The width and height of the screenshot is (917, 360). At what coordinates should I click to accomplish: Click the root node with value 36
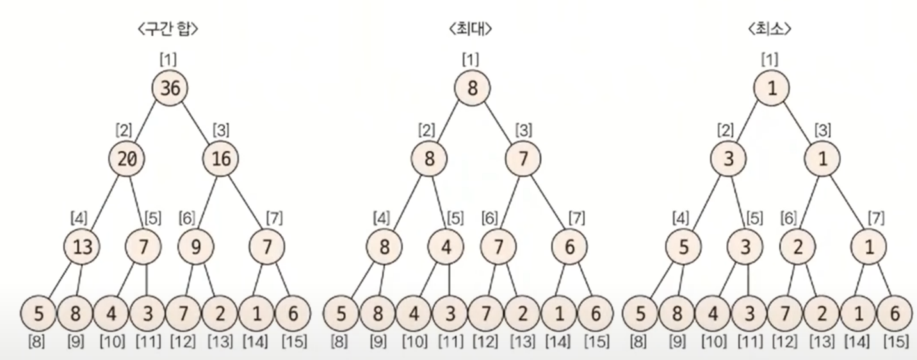[x=170, y=88]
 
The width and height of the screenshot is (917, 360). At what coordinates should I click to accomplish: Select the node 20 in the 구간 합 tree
[x=127, y=158]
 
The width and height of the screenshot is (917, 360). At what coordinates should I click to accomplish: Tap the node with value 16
[x=221, y=158]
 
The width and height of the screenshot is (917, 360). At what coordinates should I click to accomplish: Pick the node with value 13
[x=83, y=247]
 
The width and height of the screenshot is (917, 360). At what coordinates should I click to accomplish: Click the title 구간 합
[x=168, y=29]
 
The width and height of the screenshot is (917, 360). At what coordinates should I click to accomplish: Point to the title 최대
[x=472, y=29]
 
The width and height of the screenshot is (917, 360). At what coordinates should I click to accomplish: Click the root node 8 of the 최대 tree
[x=473, y=88]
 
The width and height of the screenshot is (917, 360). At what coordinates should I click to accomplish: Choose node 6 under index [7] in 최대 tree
[x=569, y=247]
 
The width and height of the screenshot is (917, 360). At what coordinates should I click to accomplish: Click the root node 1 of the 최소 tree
[x=771, y=88]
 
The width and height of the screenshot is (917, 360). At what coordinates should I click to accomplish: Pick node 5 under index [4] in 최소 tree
[x=683, y=247]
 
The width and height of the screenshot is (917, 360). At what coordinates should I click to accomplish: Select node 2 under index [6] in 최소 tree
[x=797, y=247]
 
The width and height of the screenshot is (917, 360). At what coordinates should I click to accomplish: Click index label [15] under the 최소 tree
[x=895, y=341]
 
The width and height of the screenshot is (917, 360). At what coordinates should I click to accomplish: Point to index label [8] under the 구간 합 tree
[x=36, y=341]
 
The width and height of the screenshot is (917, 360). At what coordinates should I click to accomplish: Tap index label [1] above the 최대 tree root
[x=471, y=60]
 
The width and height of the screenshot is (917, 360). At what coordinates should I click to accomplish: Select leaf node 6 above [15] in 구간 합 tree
[x=293, y=314]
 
